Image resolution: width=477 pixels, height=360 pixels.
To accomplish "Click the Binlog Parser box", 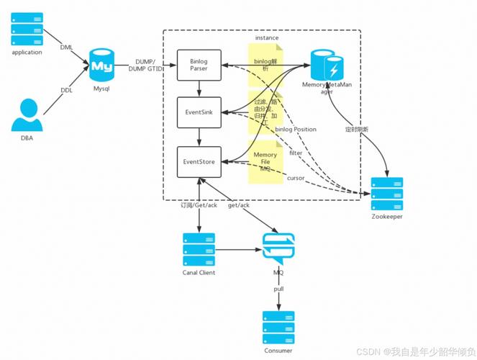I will tap(199, 65).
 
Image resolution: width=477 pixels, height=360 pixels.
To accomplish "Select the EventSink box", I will tap(199, 112).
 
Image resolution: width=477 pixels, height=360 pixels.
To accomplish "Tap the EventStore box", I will tap(199, 162).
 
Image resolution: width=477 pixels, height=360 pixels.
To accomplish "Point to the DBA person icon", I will tap(26, 114).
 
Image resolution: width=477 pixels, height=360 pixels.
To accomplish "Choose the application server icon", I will tap(27, 29).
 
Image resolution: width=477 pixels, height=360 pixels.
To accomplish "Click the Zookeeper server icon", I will tap(386, 194).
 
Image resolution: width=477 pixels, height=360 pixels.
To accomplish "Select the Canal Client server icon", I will tap(199, 248).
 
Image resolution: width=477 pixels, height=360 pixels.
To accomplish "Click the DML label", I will tap(66, 48).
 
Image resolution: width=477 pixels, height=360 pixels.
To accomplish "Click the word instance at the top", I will tap(266, 37).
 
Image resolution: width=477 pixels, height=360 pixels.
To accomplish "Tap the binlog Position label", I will tap(296, 130).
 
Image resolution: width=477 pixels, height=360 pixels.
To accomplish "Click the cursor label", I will tap(296, 177).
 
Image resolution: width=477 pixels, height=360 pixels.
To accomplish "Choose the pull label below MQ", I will tap(278, 289).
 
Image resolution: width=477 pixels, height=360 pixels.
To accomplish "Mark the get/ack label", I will tap(238, 205).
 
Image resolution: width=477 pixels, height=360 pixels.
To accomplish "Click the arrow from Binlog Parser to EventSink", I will tap(199, 89).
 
